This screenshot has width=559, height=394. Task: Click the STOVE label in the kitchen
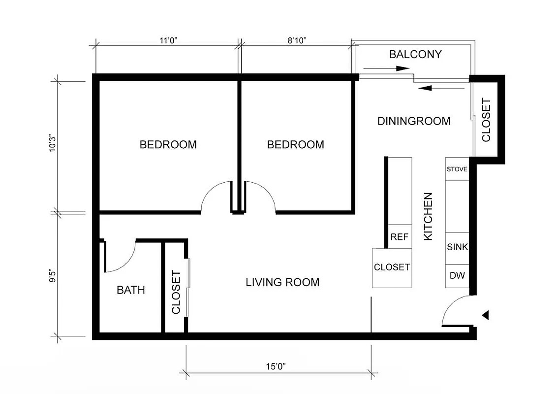coord(457,169)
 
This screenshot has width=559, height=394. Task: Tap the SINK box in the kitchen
coord(457,247)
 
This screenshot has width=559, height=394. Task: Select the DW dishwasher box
coord(457,276)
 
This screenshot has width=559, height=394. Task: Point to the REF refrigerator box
coord(400,237)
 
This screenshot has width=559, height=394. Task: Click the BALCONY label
coord(415,54)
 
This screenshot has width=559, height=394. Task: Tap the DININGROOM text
coord(414,121)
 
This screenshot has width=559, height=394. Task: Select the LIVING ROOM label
coord(282,282)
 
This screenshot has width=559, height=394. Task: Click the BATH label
coord(131,290)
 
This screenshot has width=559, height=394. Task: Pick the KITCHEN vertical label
coord(429,216)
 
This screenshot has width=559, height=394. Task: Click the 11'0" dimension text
coord(168,41)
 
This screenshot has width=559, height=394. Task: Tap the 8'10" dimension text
coord(297,41)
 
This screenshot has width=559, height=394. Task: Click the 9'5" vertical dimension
coord(53,275)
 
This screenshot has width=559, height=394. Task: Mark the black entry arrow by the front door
coord(485,315)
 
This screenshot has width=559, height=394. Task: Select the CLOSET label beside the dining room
coord(486,120)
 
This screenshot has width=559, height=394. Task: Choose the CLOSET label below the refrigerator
coord(392,267)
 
